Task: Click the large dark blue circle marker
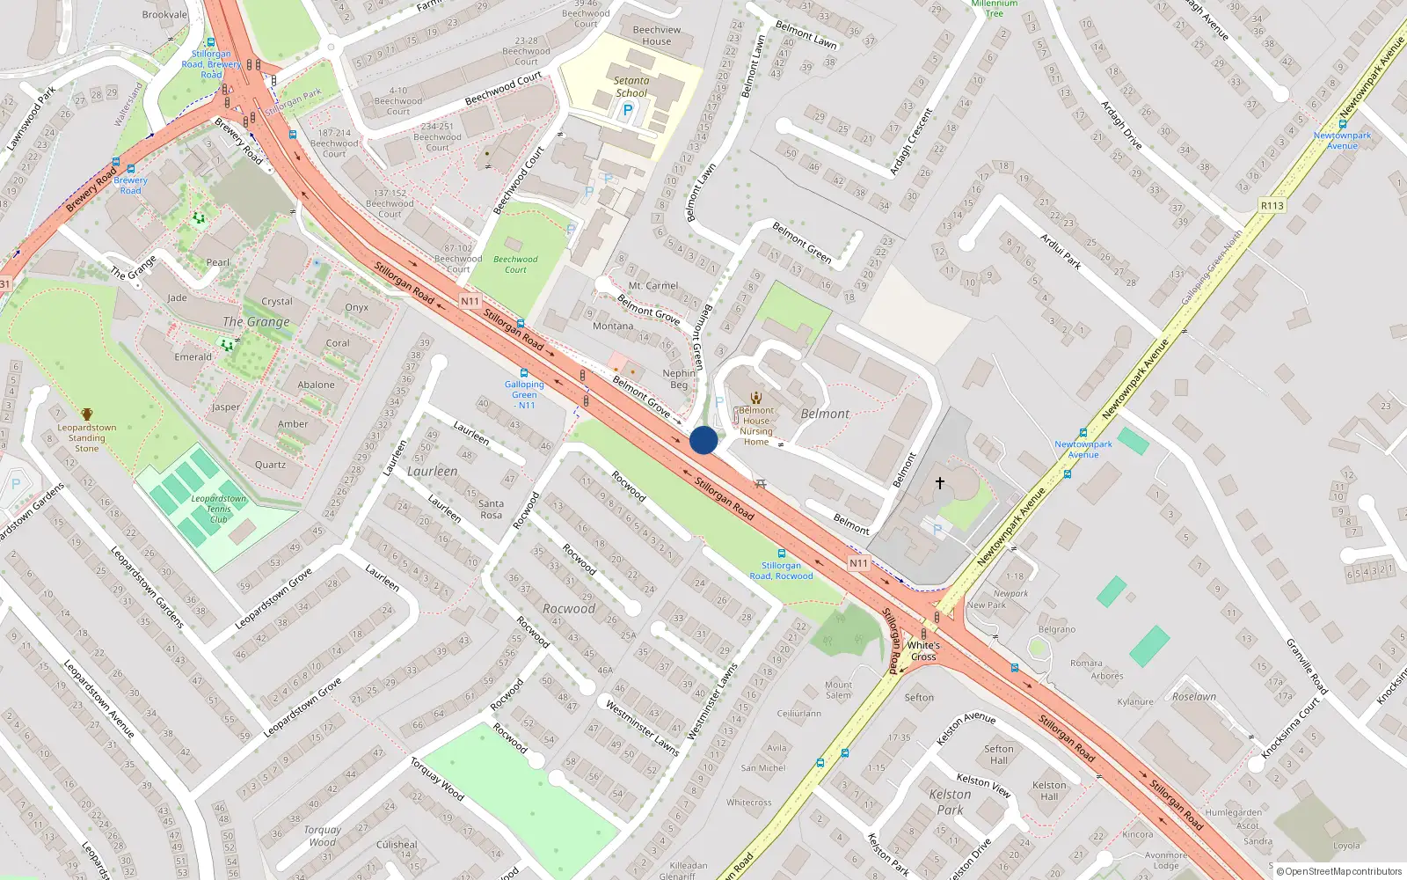tap(703, 440)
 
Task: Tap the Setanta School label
tap(631, 86)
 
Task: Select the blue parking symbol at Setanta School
tap(627, 111)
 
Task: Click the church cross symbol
tap(939, 483)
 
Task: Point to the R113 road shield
tap(1272, 205)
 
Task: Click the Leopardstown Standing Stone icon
tap(87, 414)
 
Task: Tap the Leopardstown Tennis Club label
tap(219, 509)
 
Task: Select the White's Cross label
tap(923, 651)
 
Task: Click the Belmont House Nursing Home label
tap(756, 426)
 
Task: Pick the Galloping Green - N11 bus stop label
tap(524, 394)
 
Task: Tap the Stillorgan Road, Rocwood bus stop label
tap(781, 570)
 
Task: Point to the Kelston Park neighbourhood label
tap(950, 802)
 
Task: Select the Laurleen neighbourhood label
tap(432, 472)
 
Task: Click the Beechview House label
tap(657, 35)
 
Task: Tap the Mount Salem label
tap(838, 690)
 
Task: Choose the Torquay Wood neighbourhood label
tap(322, 836)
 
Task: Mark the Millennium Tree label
tap(995, 8)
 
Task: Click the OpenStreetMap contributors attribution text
tap(1338, 871)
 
